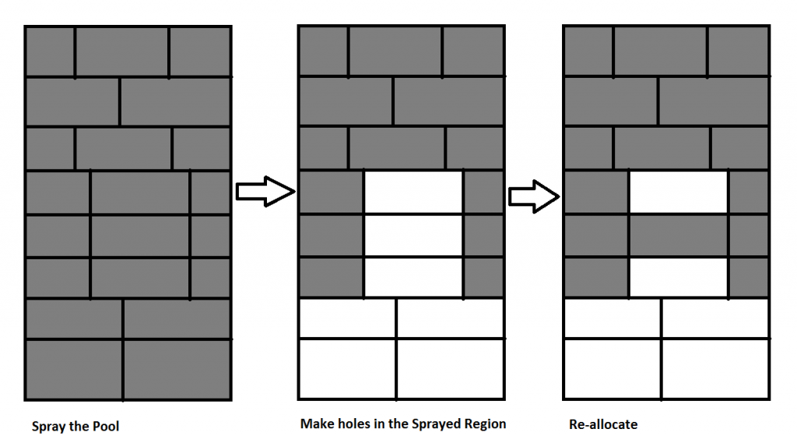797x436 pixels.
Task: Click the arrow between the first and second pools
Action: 265,191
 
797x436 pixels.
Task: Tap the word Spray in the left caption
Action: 49,426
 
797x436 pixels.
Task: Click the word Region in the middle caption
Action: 483,424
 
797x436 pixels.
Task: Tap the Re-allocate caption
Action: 603,424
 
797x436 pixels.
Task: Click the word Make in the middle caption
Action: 315,424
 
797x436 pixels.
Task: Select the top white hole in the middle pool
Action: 413,192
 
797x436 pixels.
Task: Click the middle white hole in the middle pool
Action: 413,236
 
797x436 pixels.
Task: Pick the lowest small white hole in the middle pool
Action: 413,277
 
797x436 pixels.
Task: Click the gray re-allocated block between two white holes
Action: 678,236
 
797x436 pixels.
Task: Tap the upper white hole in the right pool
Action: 678,192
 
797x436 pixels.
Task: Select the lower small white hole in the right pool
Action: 678,277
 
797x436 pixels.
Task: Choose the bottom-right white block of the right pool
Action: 714,368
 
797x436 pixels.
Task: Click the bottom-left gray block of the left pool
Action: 74,368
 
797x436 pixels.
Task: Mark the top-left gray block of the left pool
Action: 51,51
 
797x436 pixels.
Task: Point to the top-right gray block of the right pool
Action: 738,51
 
